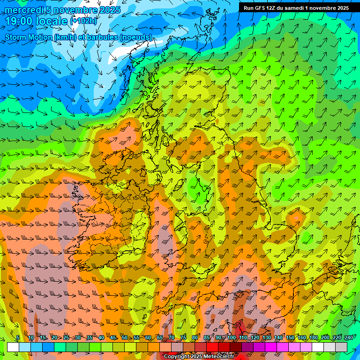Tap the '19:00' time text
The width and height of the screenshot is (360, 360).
point(19,22)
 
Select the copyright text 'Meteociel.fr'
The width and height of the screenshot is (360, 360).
point(216,357)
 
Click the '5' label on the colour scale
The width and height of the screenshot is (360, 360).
point(18,337)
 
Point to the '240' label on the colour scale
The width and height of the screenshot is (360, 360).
point(349,337)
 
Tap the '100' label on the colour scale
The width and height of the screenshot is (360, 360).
point(232,337)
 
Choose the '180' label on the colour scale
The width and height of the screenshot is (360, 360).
point(314,337)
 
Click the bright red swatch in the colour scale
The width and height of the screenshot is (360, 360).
point(212,347)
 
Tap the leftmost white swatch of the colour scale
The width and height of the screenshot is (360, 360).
point(13,347)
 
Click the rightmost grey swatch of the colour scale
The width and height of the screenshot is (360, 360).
point(341,347)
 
